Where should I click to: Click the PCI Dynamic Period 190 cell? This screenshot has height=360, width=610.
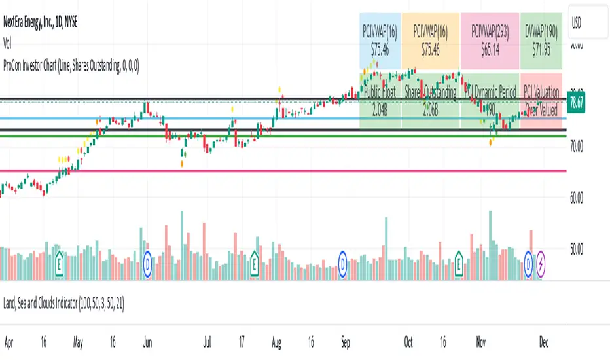point(489,100)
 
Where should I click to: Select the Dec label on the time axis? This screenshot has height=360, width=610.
point(543,342)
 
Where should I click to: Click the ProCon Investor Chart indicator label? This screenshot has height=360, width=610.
point(73,65)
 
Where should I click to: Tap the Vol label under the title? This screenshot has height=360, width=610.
point(8,37)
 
